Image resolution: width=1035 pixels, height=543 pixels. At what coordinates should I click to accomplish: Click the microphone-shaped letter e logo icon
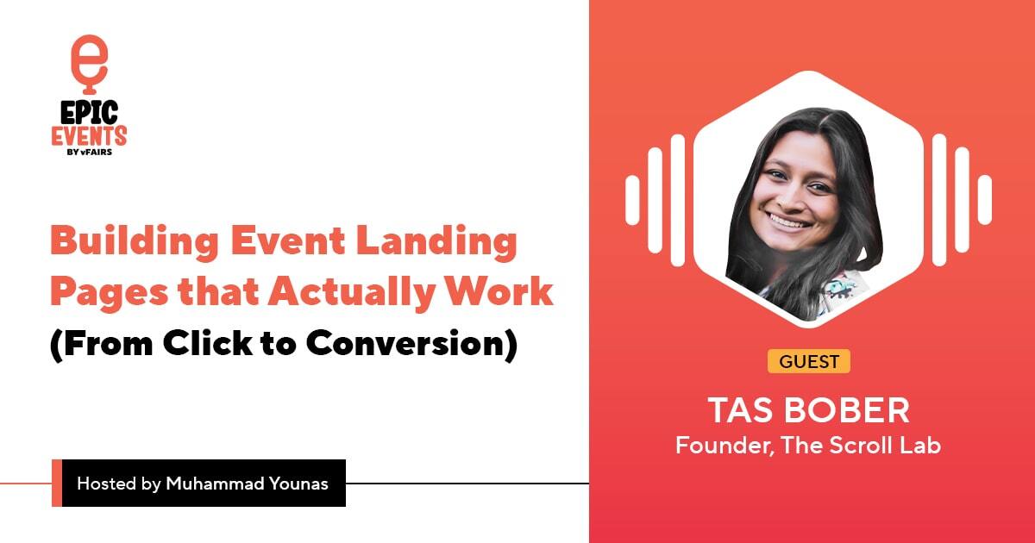pos(89,63)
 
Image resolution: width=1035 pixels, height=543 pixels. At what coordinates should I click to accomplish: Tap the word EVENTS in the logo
pos(89,135)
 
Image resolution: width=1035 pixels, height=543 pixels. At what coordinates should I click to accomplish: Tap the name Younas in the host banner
pos(298,484)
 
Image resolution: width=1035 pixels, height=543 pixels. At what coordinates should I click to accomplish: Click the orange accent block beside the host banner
pos(57,483)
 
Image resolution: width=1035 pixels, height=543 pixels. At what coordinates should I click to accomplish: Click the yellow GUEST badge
pos(809,361)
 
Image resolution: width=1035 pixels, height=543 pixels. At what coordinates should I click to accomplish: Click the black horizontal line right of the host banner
pos(466,484)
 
